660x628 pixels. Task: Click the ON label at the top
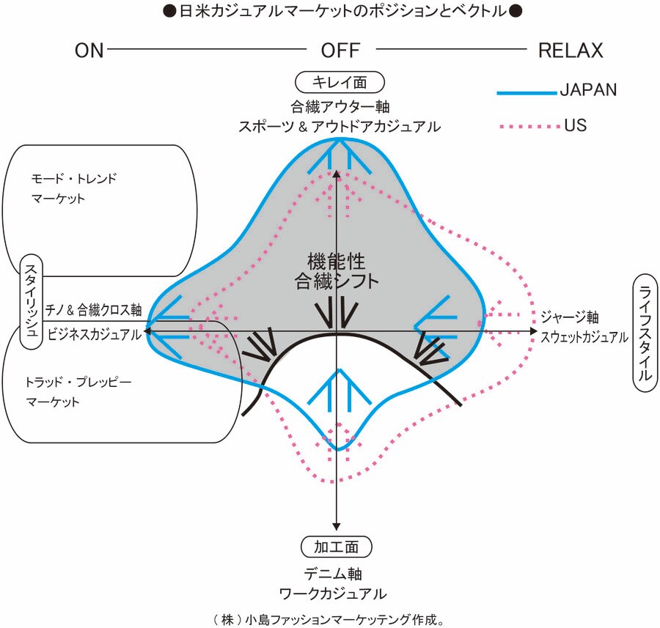pyautogui.click(x=89, y=51)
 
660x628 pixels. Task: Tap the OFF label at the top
pyautogui.click(x=340, y=51)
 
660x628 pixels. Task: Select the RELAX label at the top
pyautogui.click(x=571, y=51)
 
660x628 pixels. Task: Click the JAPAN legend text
pyautogui.click(x=588, y=90)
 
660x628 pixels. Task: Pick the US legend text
pyautogui.click(x=576, y=126)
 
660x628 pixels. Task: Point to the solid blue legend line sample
pyautogui.click(x=527, y=92)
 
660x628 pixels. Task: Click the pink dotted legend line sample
pyautogui.click(x=527, y=127)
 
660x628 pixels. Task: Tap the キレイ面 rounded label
pyautogui.click(x=340, y=81)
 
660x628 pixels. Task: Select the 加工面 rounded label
pyautogui.click(x=337, y=547)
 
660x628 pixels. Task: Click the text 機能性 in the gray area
pyautogui.click(x=337, y=260)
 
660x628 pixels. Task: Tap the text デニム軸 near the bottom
pyautogui.click(x=333, y=573)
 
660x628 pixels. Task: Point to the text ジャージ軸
pyautogui.click(x=570, y=317)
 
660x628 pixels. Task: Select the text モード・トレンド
pyautogui.click(x=74, y=178)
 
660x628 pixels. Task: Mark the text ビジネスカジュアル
pyautogui.click(x=94, y=334)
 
